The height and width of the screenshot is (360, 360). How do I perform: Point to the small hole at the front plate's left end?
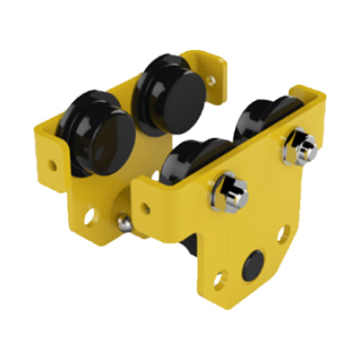pos(145,209)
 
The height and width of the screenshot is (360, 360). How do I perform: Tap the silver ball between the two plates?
pos(125,222)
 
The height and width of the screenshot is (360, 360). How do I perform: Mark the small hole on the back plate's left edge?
pos(52,165)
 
